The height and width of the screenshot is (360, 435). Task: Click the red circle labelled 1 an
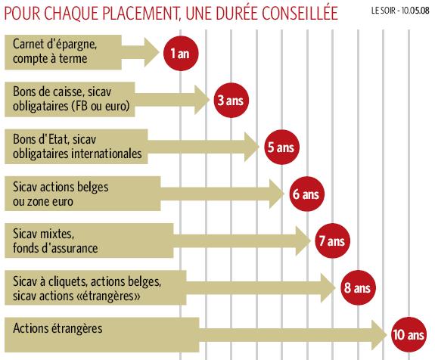181,53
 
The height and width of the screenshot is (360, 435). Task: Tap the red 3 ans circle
231,100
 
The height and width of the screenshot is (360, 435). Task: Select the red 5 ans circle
281,147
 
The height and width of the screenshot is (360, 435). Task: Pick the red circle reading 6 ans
306,194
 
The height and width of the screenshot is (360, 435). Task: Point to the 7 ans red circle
332,241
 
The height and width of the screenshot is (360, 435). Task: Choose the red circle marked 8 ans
358,287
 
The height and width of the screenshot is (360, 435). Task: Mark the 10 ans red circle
409,334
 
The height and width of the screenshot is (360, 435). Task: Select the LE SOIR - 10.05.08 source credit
399,11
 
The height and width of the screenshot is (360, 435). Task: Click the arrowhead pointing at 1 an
151,52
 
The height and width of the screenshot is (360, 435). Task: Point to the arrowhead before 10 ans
379,335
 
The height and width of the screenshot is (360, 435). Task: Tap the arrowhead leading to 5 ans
252,147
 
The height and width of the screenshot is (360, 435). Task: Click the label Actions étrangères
57,328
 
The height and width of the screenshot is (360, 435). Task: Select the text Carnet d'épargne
54,44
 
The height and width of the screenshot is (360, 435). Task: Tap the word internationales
107,154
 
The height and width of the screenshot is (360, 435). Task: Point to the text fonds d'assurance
55,247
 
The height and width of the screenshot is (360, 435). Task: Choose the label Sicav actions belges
61,188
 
